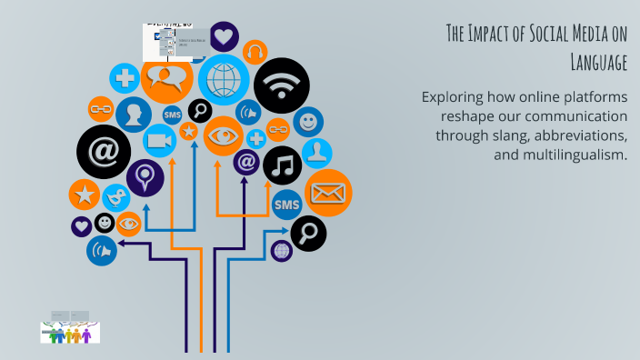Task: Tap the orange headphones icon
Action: pos(255,52)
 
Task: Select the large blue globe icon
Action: pos(223,80)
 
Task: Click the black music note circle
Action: pos(283,165)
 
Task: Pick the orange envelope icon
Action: pos(327,192)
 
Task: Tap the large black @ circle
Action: pos(103,150)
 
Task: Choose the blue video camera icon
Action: pos(159,141)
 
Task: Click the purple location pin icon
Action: pos(145,176)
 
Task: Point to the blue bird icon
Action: pos(115,196)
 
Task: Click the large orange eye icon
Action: pos(222,135)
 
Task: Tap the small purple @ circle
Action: pos(245,162)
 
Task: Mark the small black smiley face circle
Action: pos(105,223)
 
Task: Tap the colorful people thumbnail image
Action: pos(70,333)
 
